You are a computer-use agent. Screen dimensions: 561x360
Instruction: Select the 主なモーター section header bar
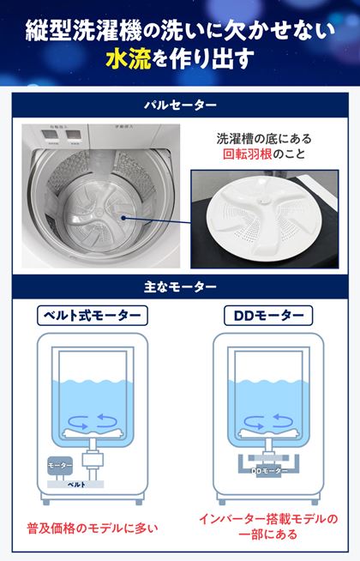pyautogui.click(x=179, y=284)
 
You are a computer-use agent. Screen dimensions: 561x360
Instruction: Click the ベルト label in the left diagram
pyautogui.click(x=77, y=485)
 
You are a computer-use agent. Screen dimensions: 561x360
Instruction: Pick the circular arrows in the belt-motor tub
pyautogui.click(x=93, y=419)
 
